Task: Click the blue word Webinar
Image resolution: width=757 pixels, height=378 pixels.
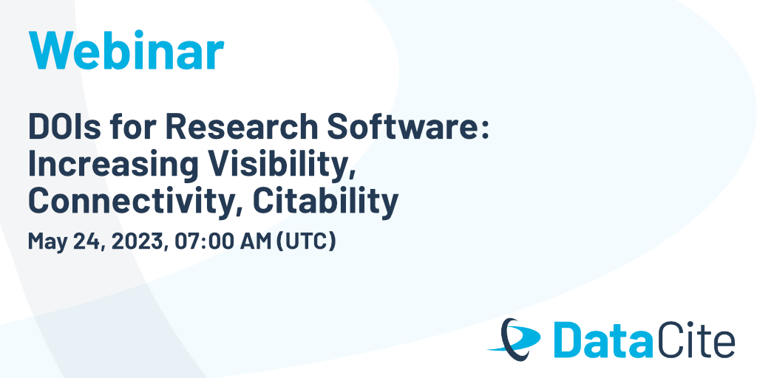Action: click(x=126, y=50)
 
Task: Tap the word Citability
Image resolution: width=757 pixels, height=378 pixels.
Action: click(x=325, y=202)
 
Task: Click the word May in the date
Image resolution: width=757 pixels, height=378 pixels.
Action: click(x=47, y=241)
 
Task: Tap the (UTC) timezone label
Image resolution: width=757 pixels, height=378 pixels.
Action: click(x=305, y=241)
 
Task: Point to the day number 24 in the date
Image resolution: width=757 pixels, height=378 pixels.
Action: click(x=89, y=241)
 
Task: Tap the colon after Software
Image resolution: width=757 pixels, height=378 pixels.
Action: click(x=485, y=130)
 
